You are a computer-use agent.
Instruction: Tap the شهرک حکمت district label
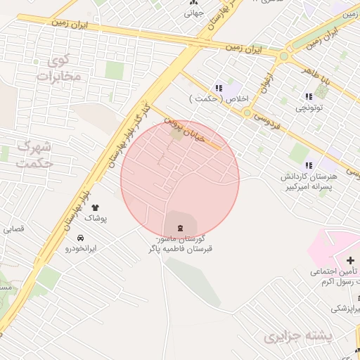pyautogui.click(x=34, y=155)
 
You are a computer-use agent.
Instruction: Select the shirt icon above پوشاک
pyautogui.click(x=96, y=207)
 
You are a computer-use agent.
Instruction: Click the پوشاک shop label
pyautogui.click(x=96, y=219)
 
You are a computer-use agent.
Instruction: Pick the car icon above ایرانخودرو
pyautogui.click(x=80, y=238)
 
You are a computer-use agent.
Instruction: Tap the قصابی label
pyautogui.click(x=14, y=229)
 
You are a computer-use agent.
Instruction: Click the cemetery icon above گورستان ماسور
pyautogui.click(x=180, y=227)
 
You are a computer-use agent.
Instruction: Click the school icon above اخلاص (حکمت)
pyautogui.click(x=219, y=88)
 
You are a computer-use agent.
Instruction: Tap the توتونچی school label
pyautogui.click(x=309, y=108)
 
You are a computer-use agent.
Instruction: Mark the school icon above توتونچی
pyautogui.click(x=308, y=96)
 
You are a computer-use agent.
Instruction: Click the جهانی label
pyautogui.click(x=193, y=13)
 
